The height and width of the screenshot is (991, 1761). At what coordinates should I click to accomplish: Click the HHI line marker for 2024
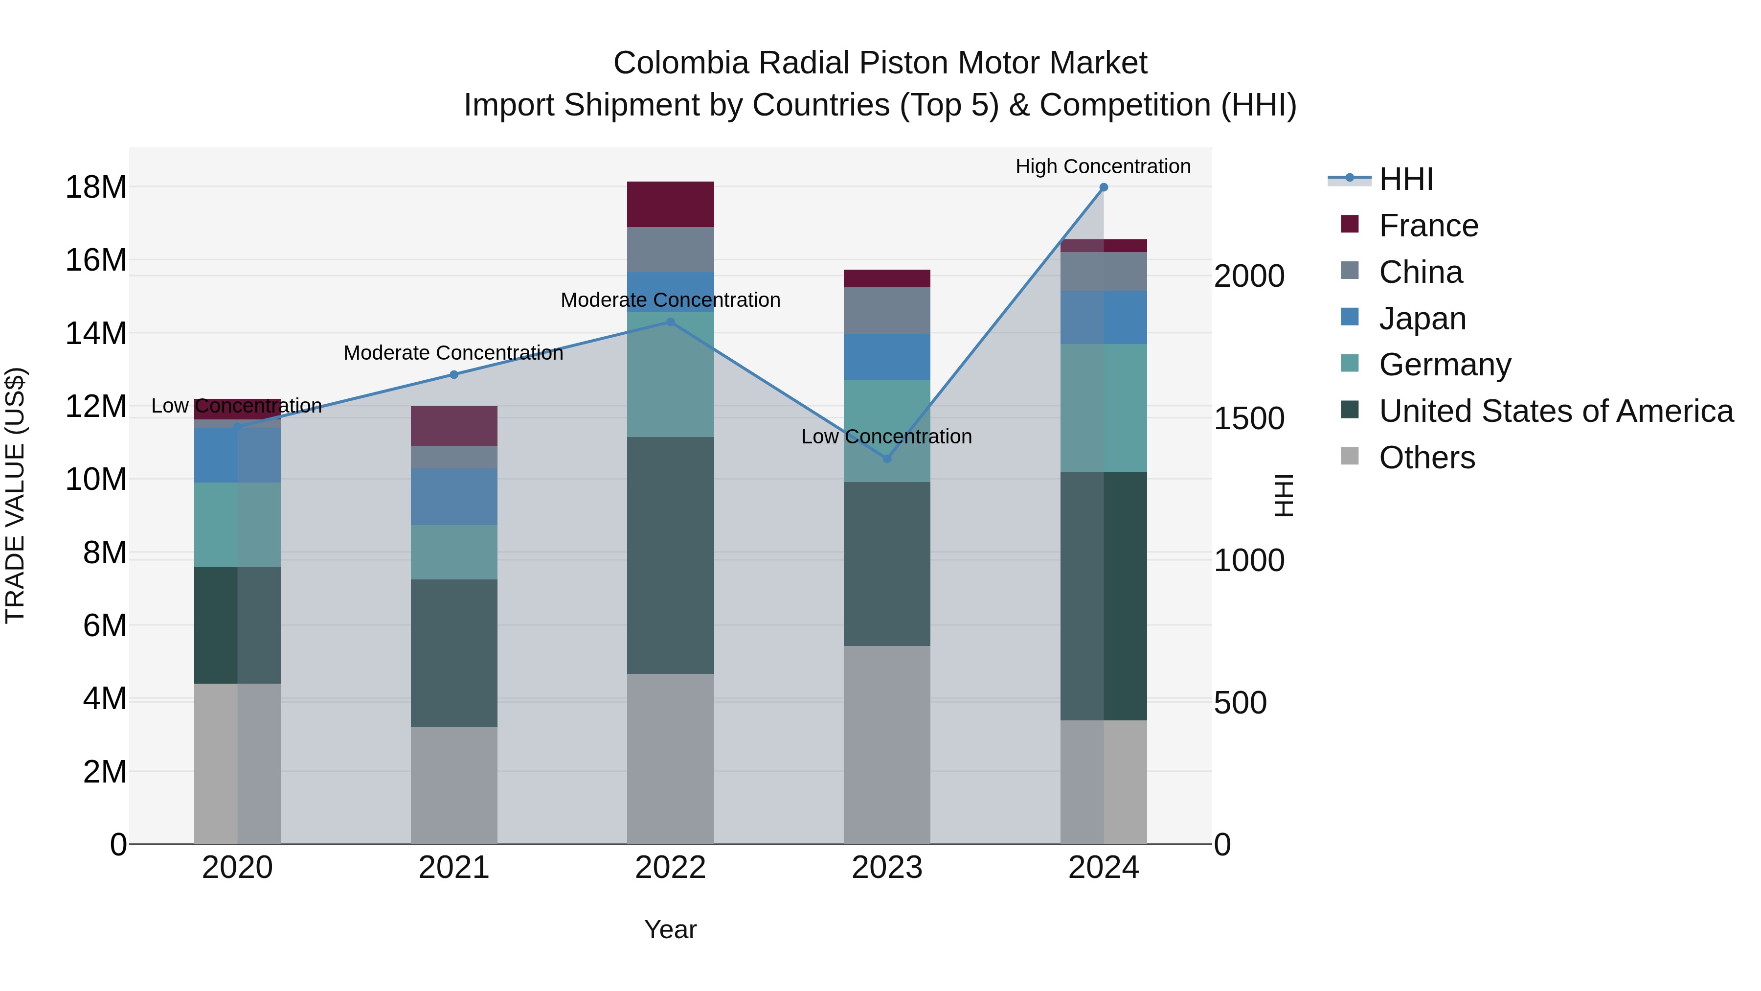[1104, 187]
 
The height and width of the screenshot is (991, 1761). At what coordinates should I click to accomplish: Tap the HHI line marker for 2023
[887, 459]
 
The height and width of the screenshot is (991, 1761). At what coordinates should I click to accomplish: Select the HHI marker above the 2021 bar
[454, 375]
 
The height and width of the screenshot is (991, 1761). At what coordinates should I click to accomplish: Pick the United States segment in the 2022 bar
[670, 555]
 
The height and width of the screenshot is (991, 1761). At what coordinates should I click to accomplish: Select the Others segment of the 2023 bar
[887, 745]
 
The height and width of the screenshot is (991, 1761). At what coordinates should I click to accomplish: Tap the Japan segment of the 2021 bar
[454, 497]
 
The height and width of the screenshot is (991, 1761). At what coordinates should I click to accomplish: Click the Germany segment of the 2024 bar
[1104, 408]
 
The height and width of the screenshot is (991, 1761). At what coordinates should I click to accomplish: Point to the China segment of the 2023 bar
[887, 310]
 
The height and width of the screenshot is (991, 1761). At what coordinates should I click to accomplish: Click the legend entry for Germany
[1445, 365]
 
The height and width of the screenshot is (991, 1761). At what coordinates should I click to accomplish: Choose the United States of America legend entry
[1556, 411]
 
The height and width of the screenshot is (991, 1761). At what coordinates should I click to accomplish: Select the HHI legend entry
[1405, 179]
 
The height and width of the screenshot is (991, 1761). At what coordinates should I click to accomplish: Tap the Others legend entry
[1427, 458]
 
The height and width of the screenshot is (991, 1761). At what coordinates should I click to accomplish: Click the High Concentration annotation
[1103, 166]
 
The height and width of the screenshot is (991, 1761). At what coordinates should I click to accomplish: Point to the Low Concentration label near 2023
[886, 437]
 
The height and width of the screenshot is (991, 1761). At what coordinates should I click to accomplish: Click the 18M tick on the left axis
[96, 187]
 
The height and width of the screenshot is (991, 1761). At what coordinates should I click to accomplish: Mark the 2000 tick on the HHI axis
[1249, 277]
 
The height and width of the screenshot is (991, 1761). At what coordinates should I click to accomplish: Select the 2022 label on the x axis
[670, 868]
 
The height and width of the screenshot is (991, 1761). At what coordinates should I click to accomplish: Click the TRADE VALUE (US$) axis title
[15, 495]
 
